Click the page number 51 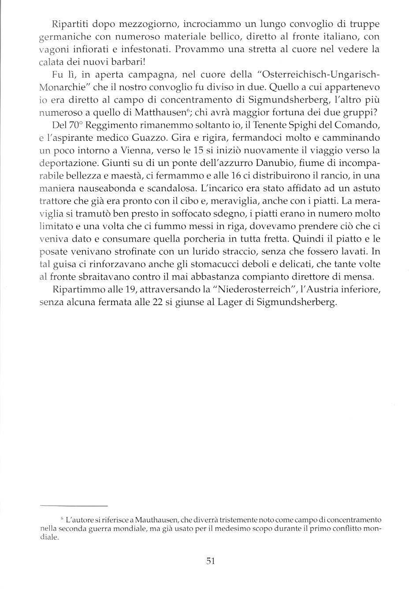pos(210,561)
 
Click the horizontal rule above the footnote pos(74,506)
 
